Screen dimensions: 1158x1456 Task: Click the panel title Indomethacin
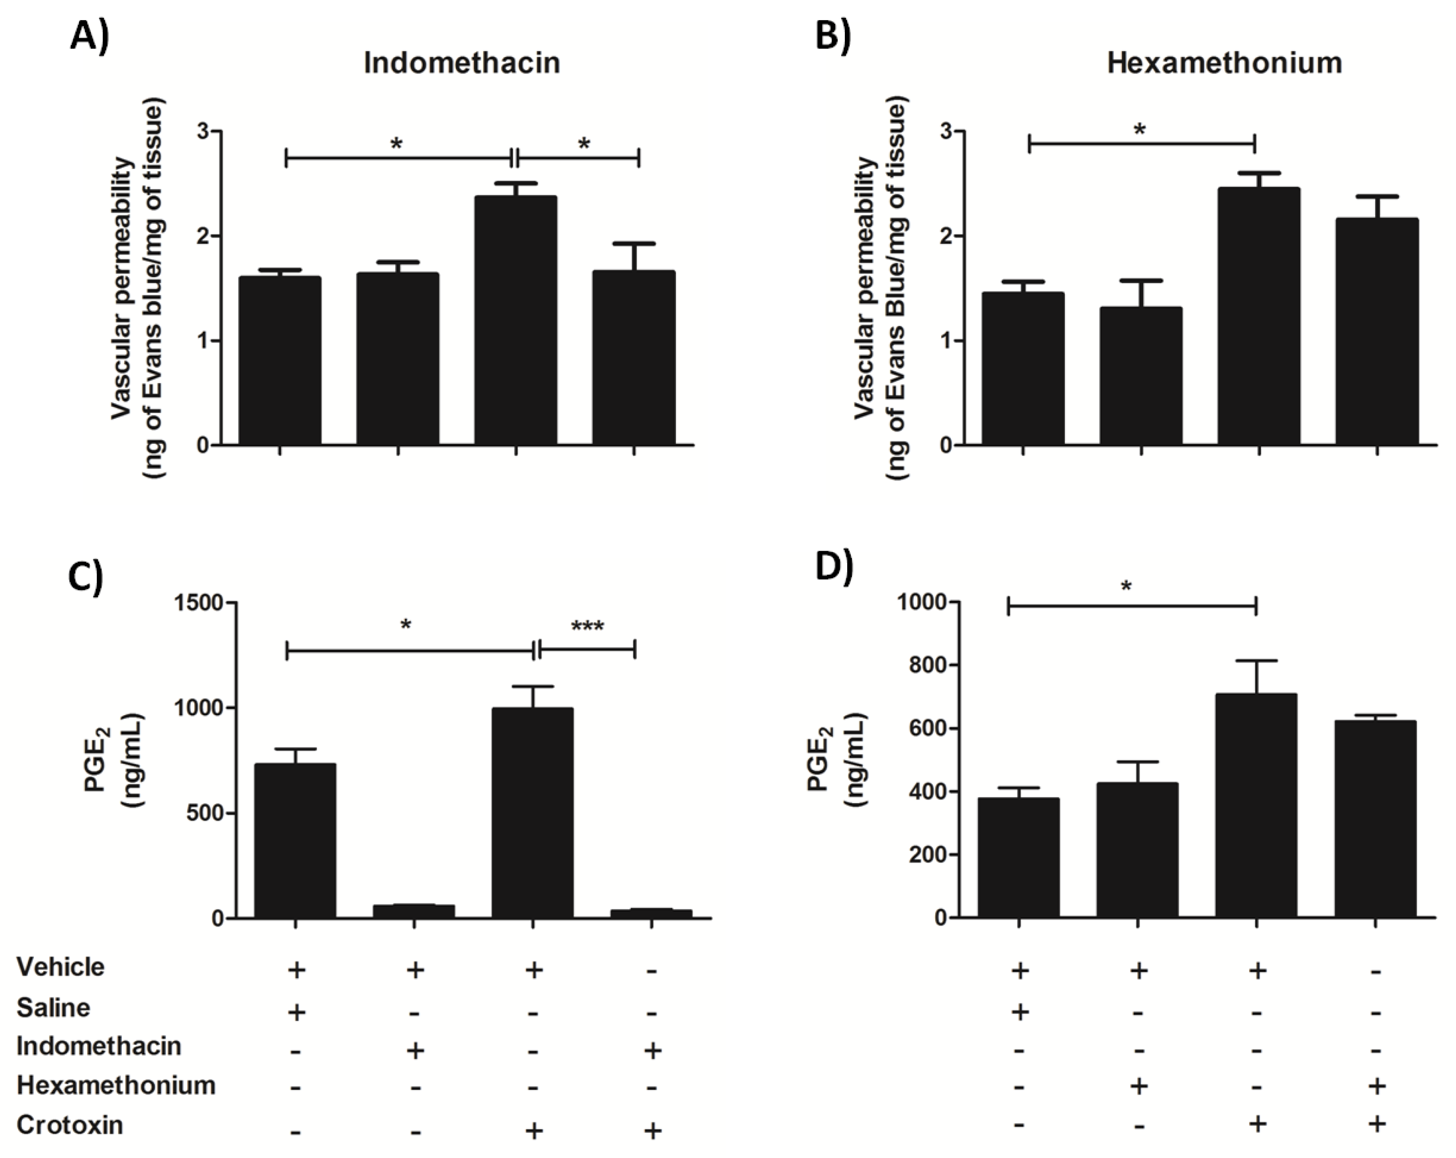461,63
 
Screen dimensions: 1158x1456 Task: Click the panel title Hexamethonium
1224,63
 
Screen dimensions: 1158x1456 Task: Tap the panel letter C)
86,579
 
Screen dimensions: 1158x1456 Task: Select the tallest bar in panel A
515,321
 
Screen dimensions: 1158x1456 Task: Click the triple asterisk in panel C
587,627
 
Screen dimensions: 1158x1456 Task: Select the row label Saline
53,1007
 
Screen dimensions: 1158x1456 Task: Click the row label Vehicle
61,967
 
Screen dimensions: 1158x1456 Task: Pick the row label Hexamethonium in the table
116,1085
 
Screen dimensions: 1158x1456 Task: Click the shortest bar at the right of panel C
650,913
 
